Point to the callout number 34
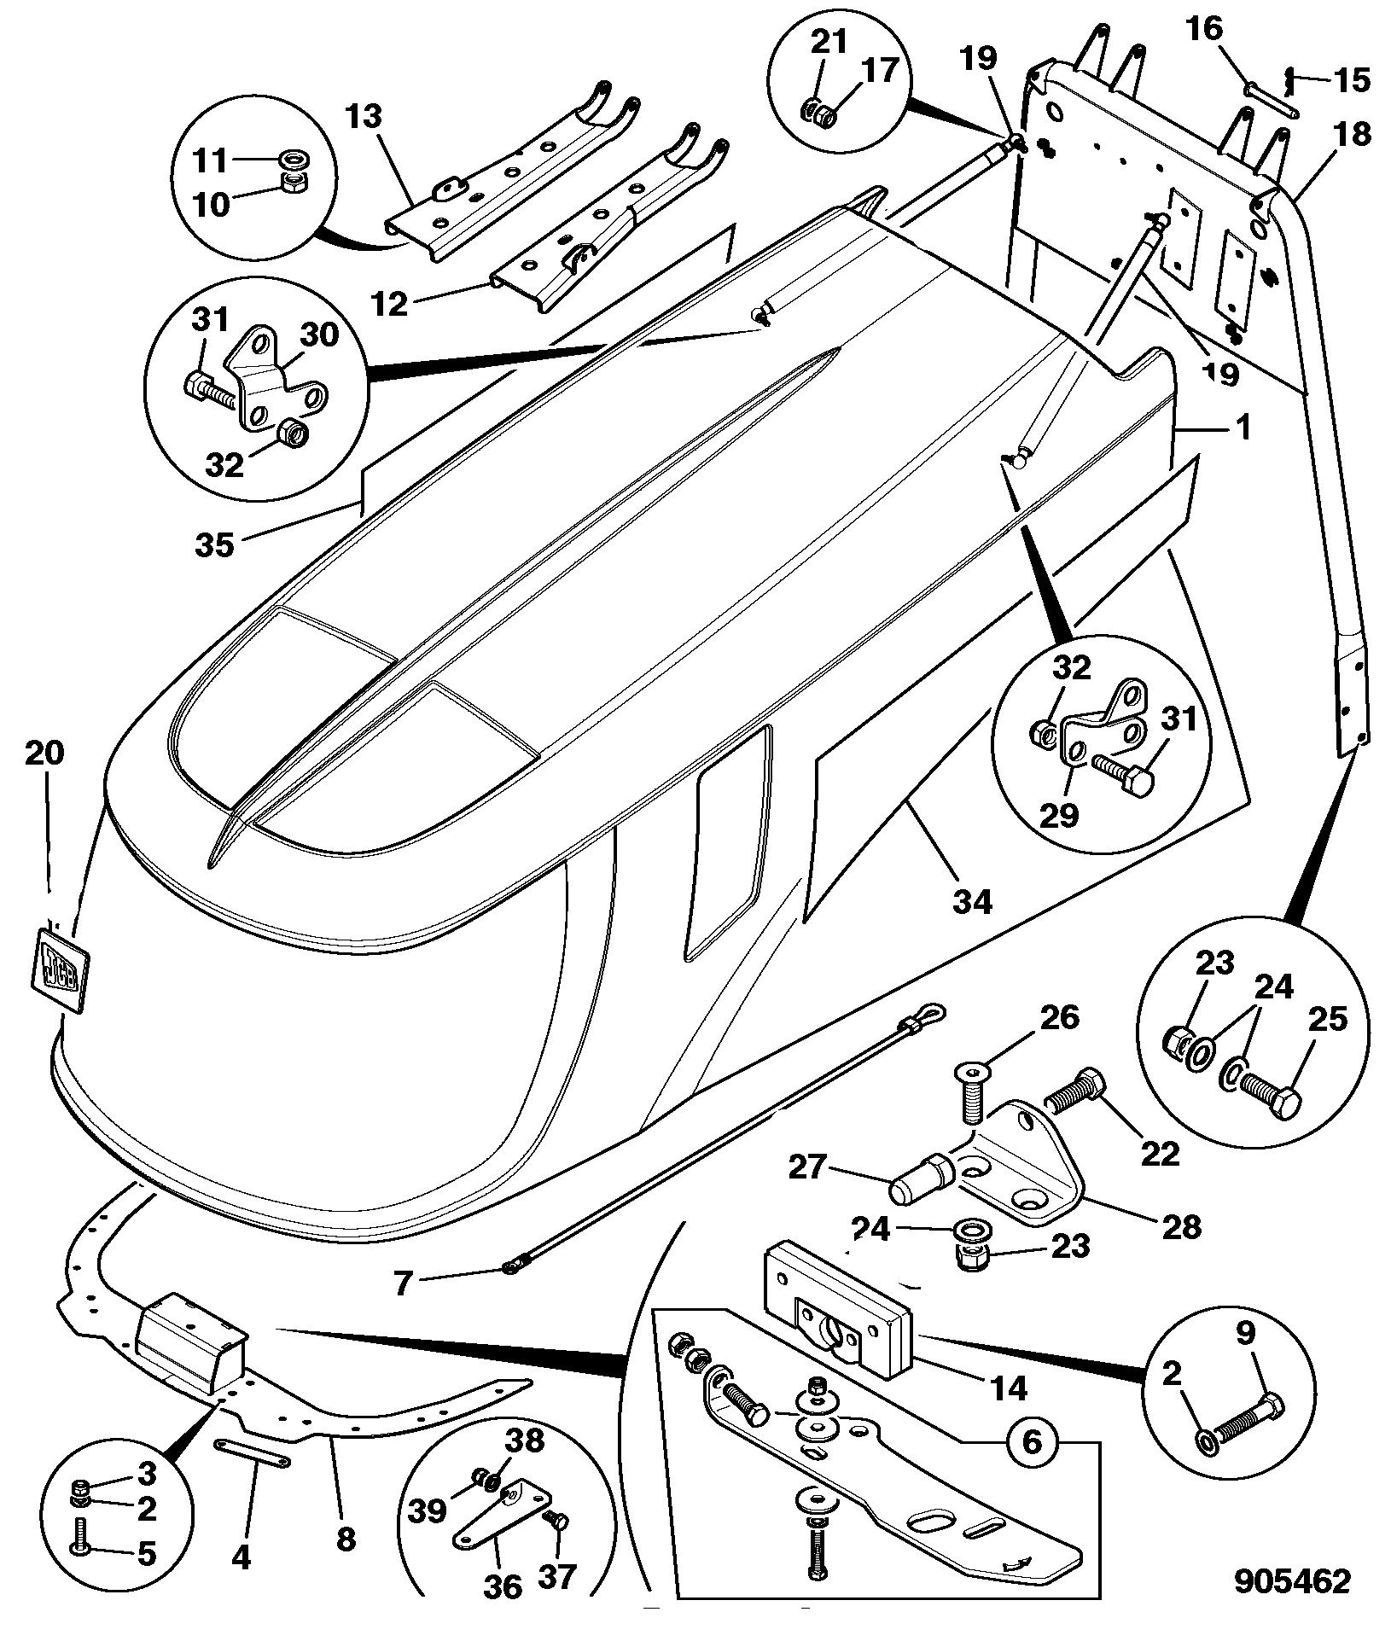click(x=973, y=901)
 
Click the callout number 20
click(x=44, y=754)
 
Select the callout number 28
click(x=1180, y=1226)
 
